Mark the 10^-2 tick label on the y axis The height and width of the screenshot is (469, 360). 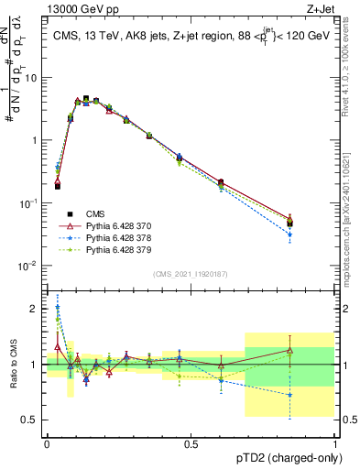point(30,266)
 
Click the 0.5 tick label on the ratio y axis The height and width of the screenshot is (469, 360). point(32,420)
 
